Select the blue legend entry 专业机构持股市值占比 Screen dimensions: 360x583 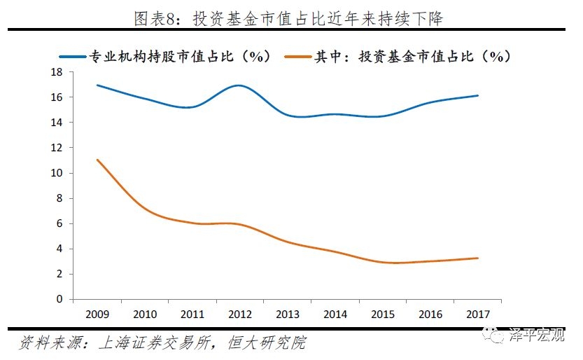[x=178, y=57]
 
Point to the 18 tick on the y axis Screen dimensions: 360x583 [x=57, y=72]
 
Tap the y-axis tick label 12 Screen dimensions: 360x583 [x=57, y=148]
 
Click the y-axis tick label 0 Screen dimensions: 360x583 [x=59, y=299]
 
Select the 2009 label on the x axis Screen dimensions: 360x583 [x=97, y=314]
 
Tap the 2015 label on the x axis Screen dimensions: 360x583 [x=383, y=314]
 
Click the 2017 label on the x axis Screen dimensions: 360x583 [x=478, y=314]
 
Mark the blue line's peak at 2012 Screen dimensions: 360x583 [x=239, y=85]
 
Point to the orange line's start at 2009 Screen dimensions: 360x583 [x=97, y=160]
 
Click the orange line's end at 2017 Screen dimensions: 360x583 [x=478, y=258]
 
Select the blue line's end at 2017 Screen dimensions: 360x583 [x=478, y=96]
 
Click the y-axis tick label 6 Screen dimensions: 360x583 [x=59, y=223]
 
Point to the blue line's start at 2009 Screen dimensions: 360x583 [x=97, y=85]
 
